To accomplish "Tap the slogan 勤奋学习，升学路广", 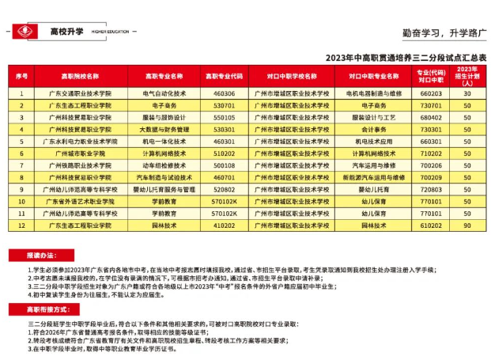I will (x=443, y=34).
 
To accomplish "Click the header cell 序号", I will (x=22, y=77).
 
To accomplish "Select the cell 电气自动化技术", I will (x=164, y=93).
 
